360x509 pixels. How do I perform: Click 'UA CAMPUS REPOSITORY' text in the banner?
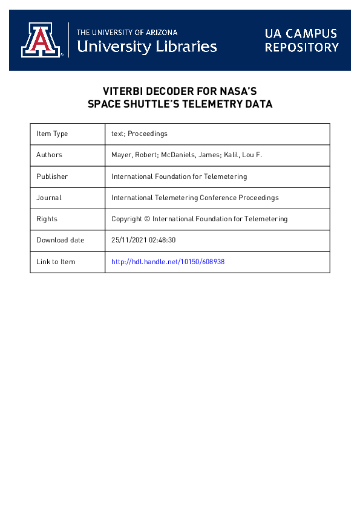coord(301,40)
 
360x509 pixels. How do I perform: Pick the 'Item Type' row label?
coord(52,134)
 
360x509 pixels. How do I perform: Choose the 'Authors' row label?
coord(49,155)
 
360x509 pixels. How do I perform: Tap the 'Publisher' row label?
coord(52,177)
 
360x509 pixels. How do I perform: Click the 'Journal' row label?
coord(48,198)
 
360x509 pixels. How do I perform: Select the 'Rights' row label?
coord(47,219)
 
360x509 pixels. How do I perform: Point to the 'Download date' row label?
coord(60,240)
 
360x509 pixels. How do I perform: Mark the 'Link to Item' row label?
coord(56,262)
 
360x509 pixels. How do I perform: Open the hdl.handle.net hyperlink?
coord(168,262)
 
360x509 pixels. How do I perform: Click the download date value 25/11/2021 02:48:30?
coord(143,240)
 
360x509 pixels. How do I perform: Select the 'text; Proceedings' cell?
coord(139,134)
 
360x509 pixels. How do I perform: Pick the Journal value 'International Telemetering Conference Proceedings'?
coord(195,198)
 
